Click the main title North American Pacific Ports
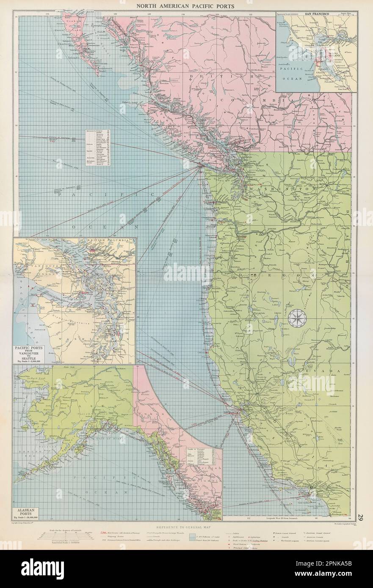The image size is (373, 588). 186,6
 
